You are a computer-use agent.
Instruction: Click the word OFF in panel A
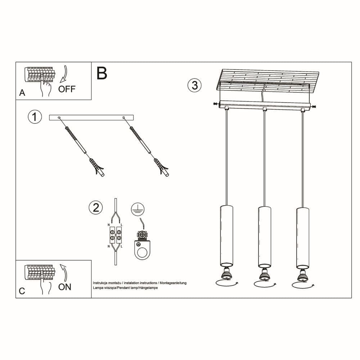pos(67,89)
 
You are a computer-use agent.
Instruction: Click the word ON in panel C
pos(65,287)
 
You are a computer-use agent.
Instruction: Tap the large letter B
pos(102,73)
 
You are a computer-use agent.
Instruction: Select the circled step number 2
pos(95,208)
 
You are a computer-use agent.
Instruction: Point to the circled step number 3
pos(194,85)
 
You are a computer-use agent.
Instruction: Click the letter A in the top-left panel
pos(22,93)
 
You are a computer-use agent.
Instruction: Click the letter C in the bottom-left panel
pos(22,291)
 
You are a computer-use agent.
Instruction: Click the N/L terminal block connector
pos(116,235)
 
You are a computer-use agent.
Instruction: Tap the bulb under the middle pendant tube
pos(264,274)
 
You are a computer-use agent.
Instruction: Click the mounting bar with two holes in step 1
pos(91,117)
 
